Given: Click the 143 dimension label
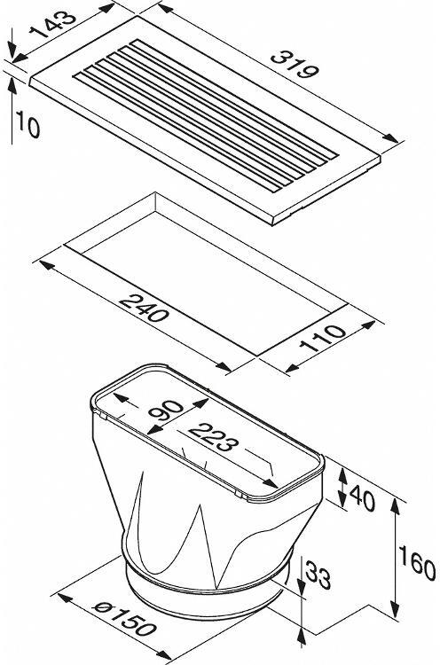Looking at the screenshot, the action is point(53,24).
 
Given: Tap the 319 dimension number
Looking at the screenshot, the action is point(295,65).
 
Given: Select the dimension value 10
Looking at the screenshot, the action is point(28,124).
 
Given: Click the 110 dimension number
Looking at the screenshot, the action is point(323,339).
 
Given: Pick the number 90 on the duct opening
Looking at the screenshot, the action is point(166,411).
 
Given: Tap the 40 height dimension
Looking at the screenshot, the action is point(363,497).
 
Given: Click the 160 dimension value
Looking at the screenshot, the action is point(417,563).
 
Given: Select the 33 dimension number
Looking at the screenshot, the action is point(318,575).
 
